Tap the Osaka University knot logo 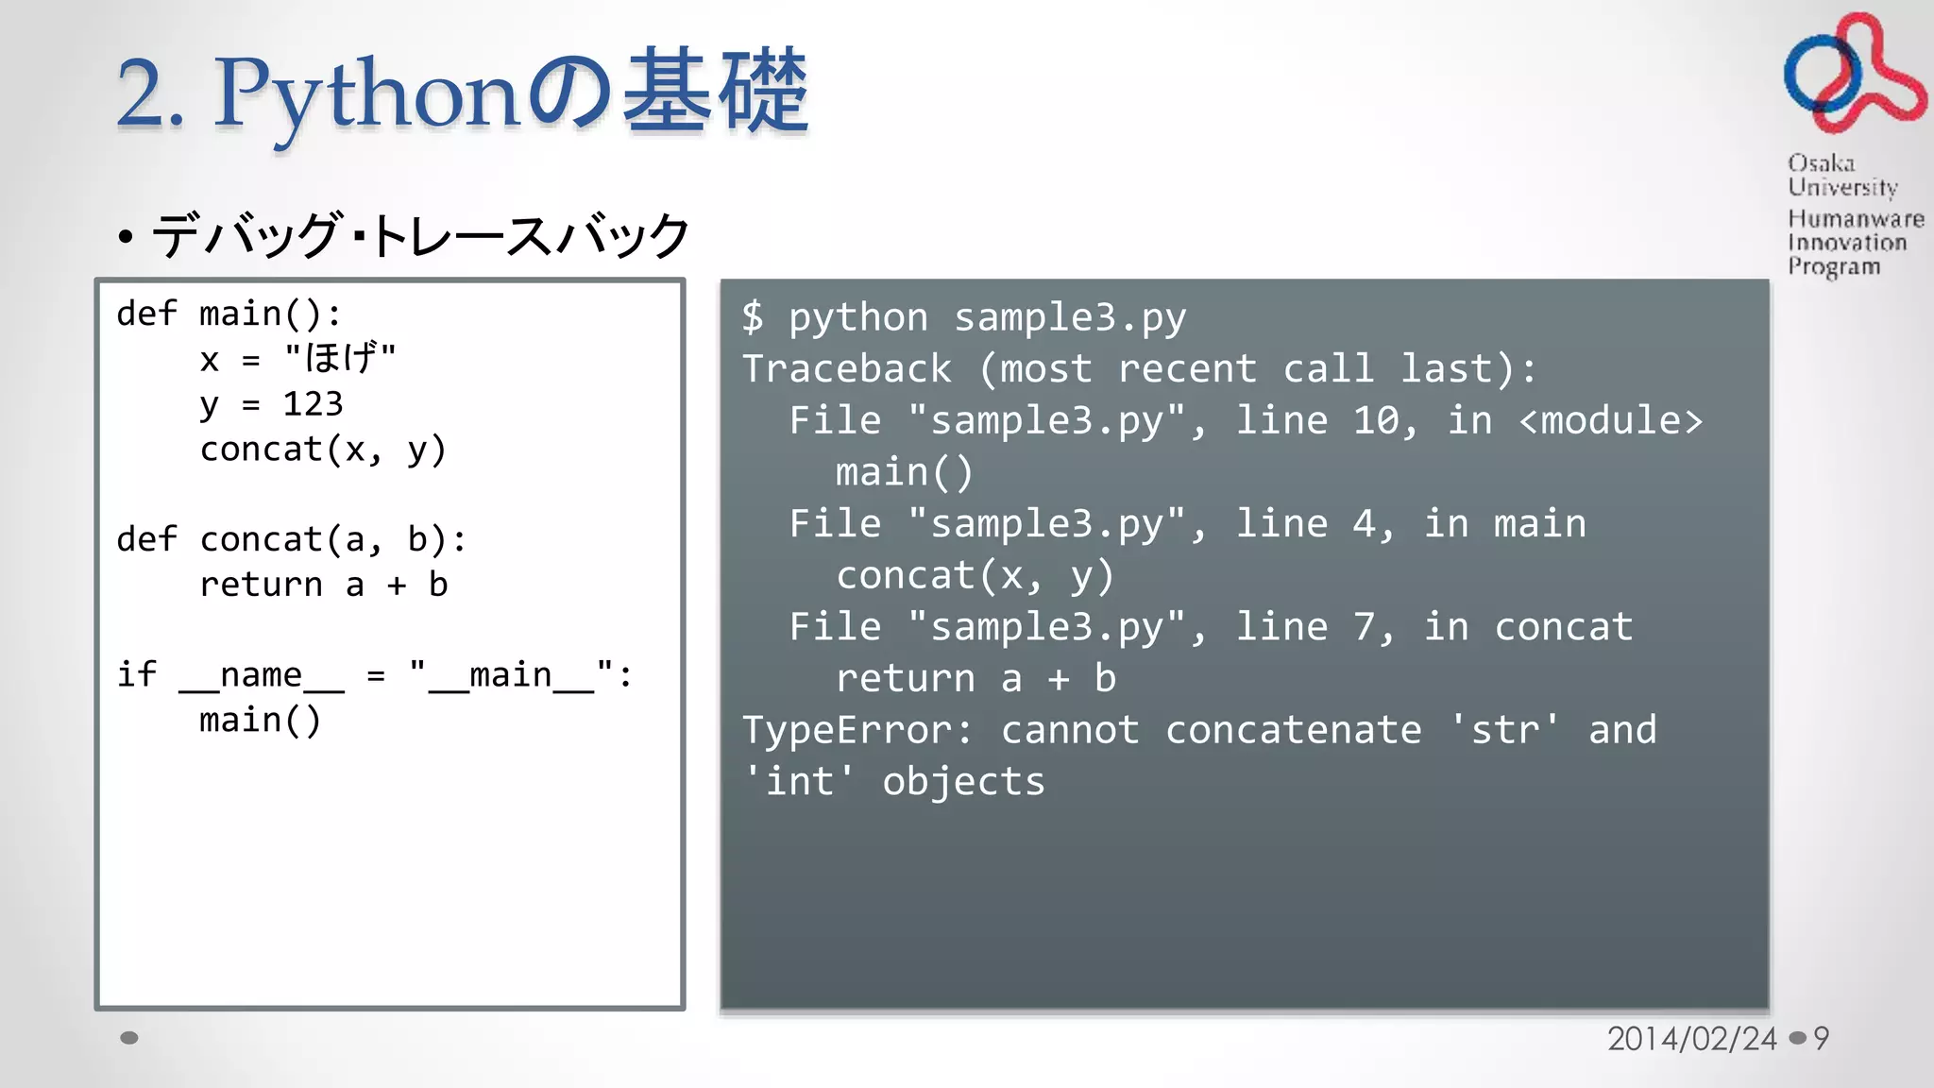tap(1853, 74)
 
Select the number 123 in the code tap(313, 404)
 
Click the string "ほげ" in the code tap(340, 358)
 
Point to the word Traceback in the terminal tap(847, 368)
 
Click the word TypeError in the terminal tap(846, 730)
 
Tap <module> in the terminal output tap(1610, 420)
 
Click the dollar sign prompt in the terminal tap(753, 317)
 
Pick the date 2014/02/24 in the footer tap(1691, 1039)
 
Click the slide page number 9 tap(1822, 1039)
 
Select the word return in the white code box tap(261, 585)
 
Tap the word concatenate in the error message tap(1293, 730)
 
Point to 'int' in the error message tap(799, 782)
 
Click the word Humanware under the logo tap(1856, 219)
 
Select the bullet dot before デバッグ tap(126, 237)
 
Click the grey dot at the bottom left tap(129, 1038)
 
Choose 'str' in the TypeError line tap(1505, 730)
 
